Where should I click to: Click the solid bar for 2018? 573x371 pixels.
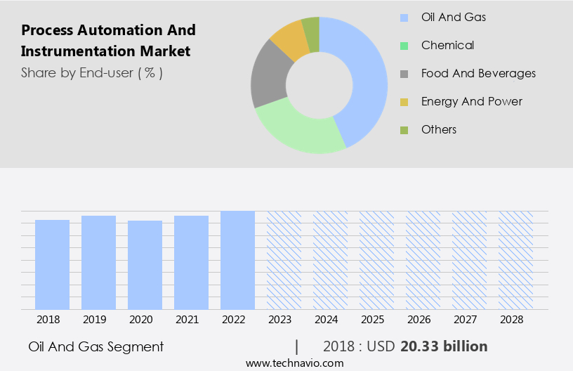[x=52, y=264]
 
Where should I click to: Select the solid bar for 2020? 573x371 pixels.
[x=145, y=265]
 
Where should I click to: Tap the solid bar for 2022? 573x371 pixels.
[x=237, y=260]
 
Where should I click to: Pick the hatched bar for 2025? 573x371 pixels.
[x=376, y=260]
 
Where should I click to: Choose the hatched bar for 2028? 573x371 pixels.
[x=515, y=260]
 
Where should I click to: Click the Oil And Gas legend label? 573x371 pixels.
[x=454, y=17]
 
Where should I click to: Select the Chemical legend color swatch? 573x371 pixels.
[x=404, y=46]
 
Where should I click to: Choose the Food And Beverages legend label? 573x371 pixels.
[x=478, y=73]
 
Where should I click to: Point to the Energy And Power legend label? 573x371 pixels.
[x=471, y=101]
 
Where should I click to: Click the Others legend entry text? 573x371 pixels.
[x=439, y=129]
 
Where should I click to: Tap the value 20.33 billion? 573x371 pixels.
[x=444, y=346]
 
